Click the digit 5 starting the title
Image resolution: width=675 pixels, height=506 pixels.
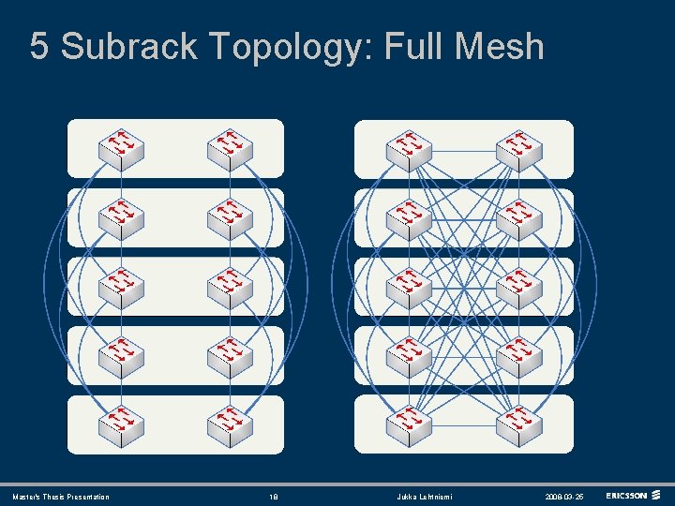click(x=39, y=46)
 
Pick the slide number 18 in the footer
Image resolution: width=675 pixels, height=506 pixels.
click(x=275, y=497)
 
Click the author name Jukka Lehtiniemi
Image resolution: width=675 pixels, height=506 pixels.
click(x=423, y=497)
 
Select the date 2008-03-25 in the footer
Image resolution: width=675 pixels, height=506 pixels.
click(x=563, y=497)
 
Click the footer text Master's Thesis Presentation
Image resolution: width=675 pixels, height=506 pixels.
click(x=61, y=497)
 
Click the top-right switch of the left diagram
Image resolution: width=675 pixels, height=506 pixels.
click(x=230, y=148)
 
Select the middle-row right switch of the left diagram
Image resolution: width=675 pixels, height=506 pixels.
click(x=230, y=287)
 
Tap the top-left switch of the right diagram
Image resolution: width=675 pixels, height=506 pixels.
click(x=409, y=148)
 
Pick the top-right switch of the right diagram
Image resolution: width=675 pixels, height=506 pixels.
click(x=518, y=148)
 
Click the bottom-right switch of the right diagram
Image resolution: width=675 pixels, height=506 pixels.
click(x=518, y=424)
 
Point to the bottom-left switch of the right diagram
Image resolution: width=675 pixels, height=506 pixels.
click(x=409, y=424)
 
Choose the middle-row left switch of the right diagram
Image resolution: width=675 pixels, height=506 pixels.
click(x=409, y=287)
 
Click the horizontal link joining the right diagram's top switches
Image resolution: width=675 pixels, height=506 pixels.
click(x=464, y=150)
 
